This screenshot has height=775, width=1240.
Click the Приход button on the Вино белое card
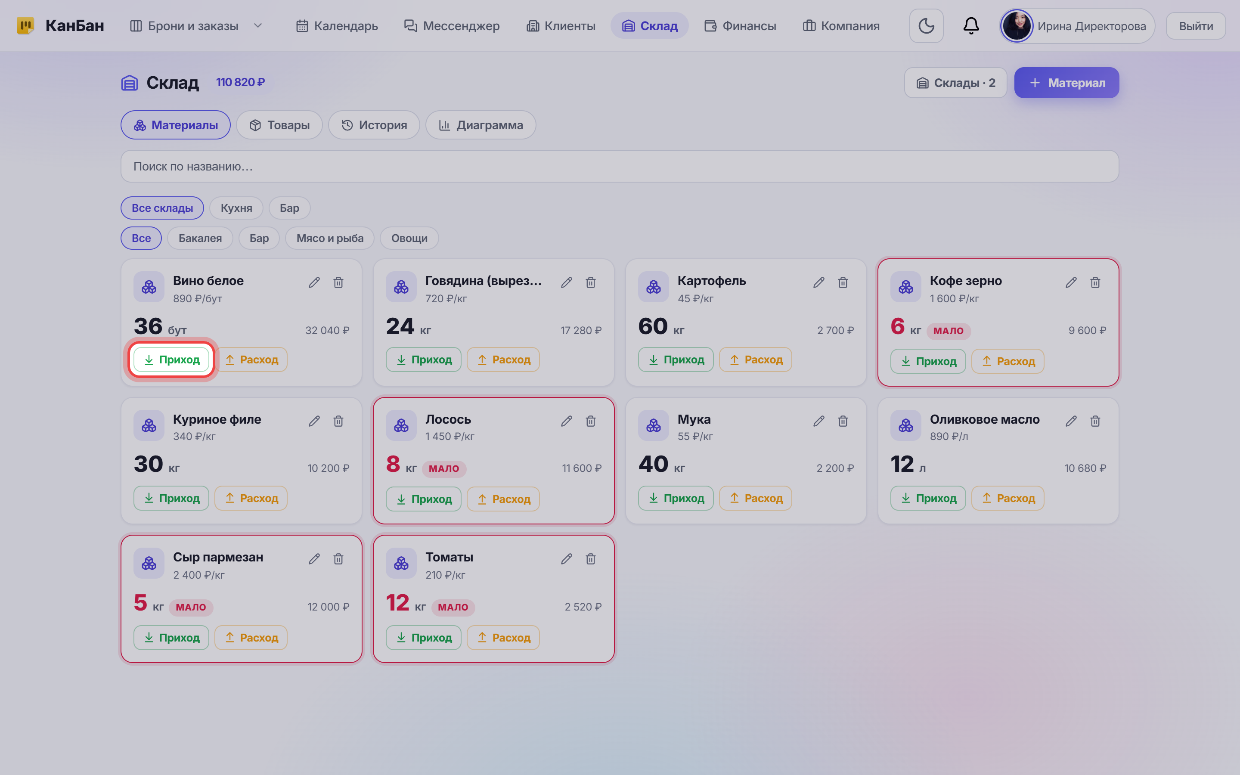(171, 360)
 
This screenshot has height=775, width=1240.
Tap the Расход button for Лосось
(503, 499)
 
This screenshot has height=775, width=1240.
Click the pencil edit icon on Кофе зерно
(1071, 282)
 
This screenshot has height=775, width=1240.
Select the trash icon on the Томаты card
(591, 559)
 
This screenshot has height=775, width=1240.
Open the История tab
(374, 125)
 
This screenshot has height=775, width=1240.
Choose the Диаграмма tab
(480, 125)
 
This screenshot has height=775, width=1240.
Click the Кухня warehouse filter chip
(236, 208)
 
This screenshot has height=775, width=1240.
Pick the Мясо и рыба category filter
(330, 239)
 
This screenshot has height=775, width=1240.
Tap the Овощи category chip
(409, 239)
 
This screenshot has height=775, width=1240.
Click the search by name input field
(620, 167)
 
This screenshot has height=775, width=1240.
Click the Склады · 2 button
(956, 83)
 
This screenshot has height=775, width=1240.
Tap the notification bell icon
(971, 26)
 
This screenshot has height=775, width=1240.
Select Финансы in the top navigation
(741, 26)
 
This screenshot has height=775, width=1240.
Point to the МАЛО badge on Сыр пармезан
(191, 608)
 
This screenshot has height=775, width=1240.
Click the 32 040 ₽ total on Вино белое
(327, 331)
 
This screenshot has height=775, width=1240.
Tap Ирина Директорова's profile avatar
(1017, 26)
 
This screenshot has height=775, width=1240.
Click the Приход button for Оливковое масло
(928, 498)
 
